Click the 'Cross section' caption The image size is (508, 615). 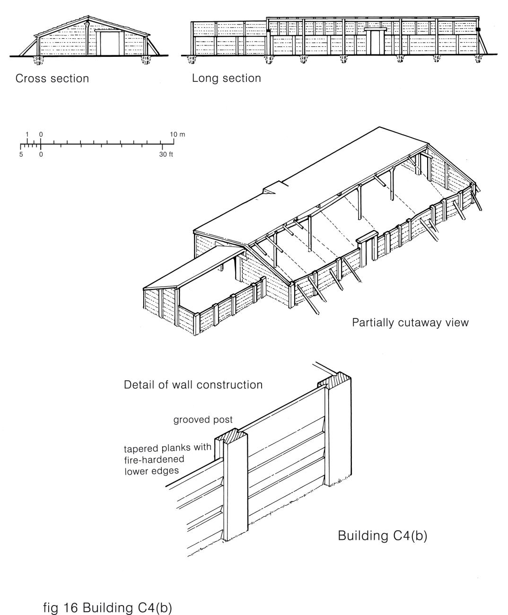click(52, 78)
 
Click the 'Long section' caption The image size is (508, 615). click(226, 78)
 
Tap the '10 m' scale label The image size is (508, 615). click(178, 134)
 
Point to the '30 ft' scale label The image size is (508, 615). click(166, 154)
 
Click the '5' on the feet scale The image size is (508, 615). click(21, 154)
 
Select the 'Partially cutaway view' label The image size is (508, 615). click(410, 323)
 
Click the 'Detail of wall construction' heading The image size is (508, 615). click(193, 385)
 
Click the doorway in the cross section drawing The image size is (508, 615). click(109, 43)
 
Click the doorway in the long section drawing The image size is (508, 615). click(377, 42)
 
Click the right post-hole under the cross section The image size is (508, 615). click(146, 60)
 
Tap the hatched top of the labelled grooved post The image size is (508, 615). click(232, 436)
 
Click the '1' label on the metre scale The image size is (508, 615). click(27, 134)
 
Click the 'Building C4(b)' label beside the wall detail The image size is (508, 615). click(382, 536)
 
